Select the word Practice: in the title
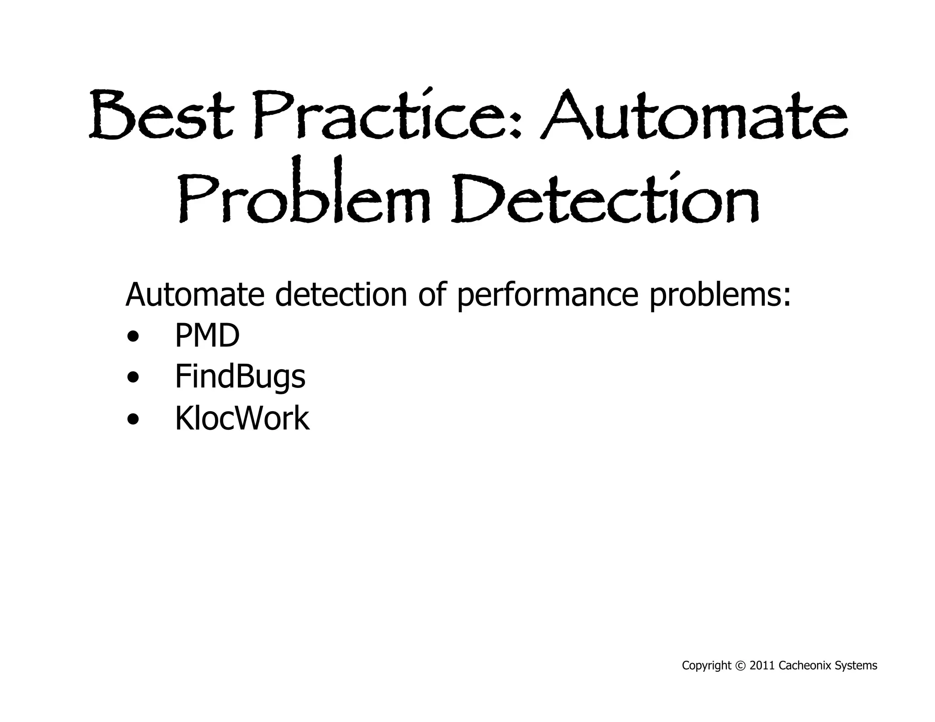[388, 115]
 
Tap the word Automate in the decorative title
[693, 115]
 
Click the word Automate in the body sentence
[194, 294]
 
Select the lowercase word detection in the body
[341, 294]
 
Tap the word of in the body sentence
[431, 294]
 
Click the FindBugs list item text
[240, 378]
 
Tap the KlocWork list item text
[242, 418]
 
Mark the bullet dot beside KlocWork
[133, 419]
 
